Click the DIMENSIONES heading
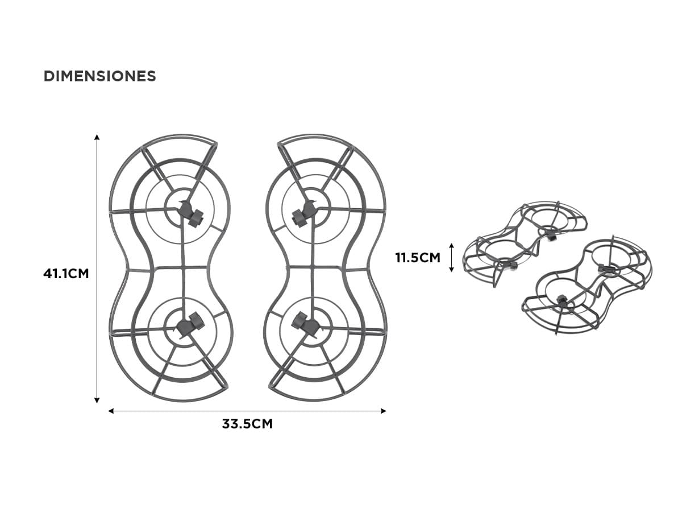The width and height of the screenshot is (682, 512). [x=99, y=76]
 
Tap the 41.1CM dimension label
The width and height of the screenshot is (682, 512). [x=66, y=274]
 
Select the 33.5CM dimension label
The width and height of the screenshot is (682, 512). [x=247, y=424]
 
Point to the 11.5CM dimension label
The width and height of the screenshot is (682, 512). [x=418, y=258]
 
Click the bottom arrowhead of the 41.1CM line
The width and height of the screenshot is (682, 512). [x=97, y=400]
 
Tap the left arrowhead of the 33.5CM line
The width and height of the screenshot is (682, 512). [x=111, y=411]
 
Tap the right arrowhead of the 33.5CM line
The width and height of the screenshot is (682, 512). [x=384, y=411]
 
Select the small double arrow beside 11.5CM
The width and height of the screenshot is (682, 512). [x=452, y=258]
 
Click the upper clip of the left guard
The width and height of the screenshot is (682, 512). [x=190, y=213]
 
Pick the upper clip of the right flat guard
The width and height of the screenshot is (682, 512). [x=304, y=213]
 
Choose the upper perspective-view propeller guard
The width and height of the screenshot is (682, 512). [x=525, y=243]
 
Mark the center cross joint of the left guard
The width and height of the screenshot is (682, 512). [x=184, y=268]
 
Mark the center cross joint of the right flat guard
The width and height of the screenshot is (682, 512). [x=312, y=268]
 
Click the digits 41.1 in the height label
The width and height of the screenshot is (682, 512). [x=55, y=274]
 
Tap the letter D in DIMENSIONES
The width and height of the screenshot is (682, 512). [x=48, y=76]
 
